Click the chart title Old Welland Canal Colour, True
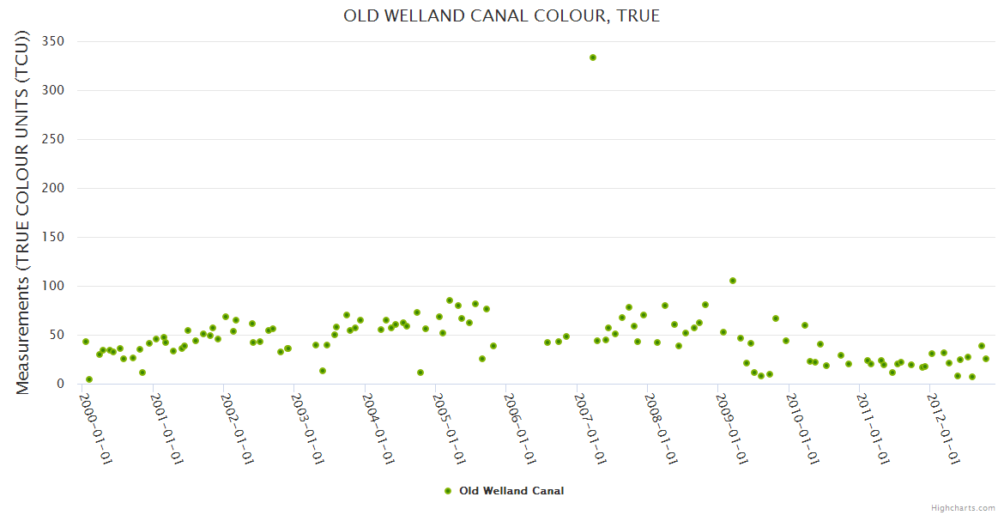(x=501, y=15)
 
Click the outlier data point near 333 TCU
(x=593, y=58)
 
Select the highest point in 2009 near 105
(x=733, y=281)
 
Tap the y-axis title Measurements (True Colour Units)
(x=23, y=213)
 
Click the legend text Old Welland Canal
(x=511, y=491)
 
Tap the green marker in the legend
(x=447, y=491)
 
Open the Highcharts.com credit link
(x=963, y=507)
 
